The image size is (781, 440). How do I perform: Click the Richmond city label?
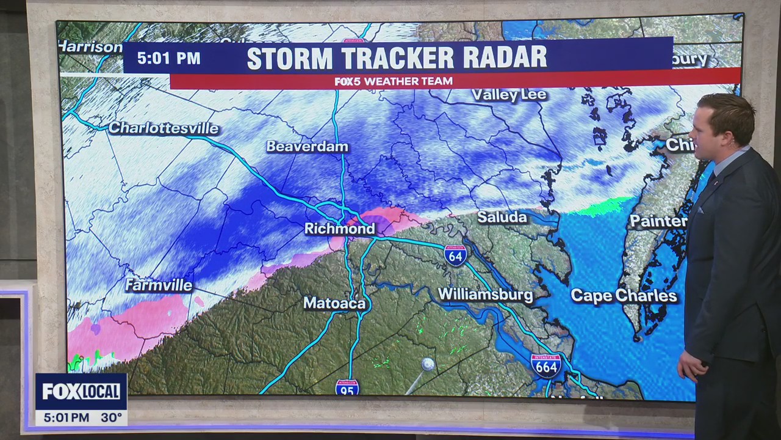(x=340, y=229)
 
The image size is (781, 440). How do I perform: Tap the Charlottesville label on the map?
(x=164, y=128)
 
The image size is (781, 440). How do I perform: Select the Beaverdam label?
(x=308, y=147)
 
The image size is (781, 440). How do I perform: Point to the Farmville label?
(x=159, y=285)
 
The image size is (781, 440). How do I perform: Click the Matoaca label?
(x=334, y=303)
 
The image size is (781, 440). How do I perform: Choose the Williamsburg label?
(x=485, y=295)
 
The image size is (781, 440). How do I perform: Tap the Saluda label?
(x=502, y=218)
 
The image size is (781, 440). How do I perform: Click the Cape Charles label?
(x=624, y=296)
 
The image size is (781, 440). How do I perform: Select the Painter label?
(x=658, y=221)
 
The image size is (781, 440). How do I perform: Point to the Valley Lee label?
(x=509, y=95)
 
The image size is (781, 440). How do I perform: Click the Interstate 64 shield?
(x=455, y=255)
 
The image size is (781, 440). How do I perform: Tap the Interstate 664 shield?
(x=545, y=365)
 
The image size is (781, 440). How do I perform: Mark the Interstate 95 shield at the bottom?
(x=347, y=387)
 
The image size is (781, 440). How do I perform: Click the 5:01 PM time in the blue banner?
(x=168, y=59)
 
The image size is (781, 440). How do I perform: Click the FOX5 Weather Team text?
(x=394, y=81)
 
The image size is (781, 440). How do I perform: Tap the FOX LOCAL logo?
(x=81, y=392)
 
